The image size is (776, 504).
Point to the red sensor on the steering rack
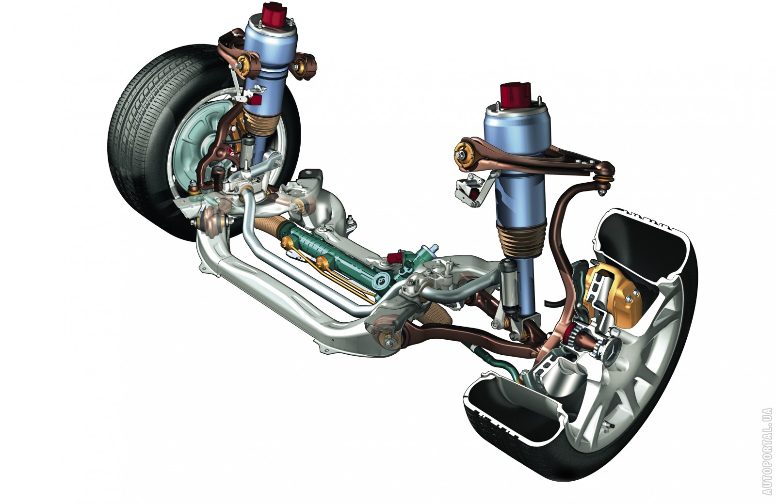[x=395, y=257]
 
